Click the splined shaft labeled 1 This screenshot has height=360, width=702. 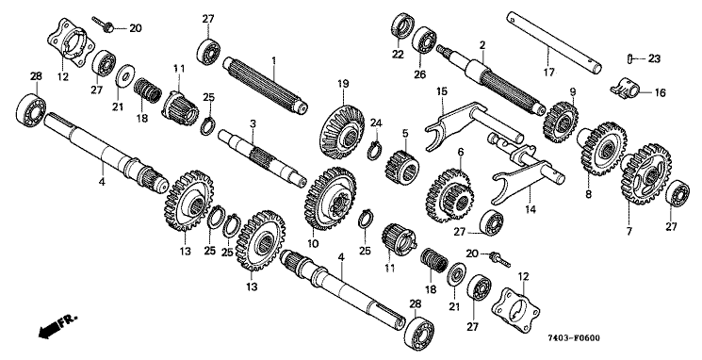(266, 85)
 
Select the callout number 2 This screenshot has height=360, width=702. (482, 45)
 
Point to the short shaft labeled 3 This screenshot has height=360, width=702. (262, 156)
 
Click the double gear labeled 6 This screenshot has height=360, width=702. (449, 196)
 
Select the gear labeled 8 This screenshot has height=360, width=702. (602, 148)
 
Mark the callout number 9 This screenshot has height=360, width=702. (573, 92)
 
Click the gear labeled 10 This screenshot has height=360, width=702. (330, 199)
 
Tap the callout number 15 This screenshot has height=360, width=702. (442, 92)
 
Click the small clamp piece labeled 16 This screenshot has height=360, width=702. (624, 88)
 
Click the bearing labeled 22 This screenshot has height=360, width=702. (403, 26)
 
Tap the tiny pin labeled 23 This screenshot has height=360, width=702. (630, 57)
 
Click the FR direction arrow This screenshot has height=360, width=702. (57, 325)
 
